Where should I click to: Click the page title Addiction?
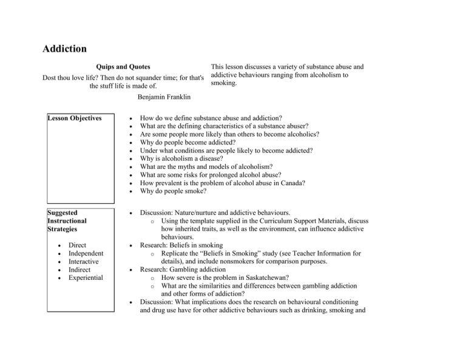coord(65,48)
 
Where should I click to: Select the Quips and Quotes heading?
coord(123,66)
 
